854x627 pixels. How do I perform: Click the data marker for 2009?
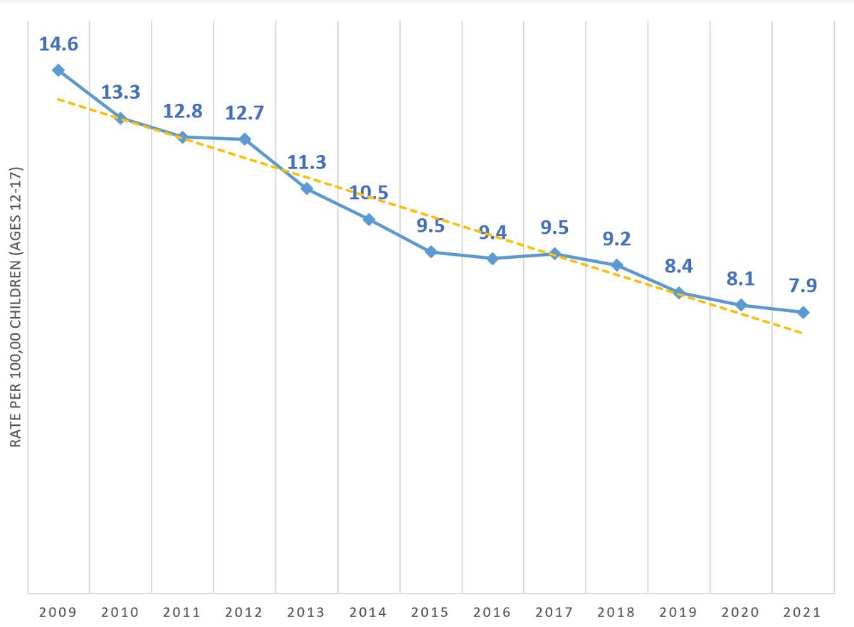(x=58, y=70)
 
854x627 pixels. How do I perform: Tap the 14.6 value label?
(x=58, y=44)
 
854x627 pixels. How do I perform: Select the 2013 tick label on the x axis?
(x=307, y=612)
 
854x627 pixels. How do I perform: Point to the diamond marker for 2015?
(x=431, y=252)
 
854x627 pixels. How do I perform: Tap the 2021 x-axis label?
(x=803, y=612)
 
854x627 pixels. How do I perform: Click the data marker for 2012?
(x=245, y=139)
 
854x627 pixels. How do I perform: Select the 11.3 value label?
(x=306, y=162)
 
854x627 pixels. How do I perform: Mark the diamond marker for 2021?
(x=803, y=312)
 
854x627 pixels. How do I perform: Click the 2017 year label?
(x=554, y=612)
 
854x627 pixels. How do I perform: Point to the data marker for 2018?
(x=617, y=265)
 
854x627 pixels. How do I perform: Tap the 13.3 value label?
(x=120, y=92)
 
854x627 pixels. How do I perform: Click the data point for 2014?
(x=369, y=219)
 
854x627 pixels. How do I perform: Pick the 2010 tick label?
(x=120, y=612)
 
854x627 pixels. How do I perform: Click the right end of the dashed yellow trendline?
(x=802, y=332)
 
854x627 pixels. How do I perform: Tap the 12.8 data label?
(x=182, y=112)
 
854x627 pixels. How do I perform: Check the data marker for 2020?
(x=741, y=305)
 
